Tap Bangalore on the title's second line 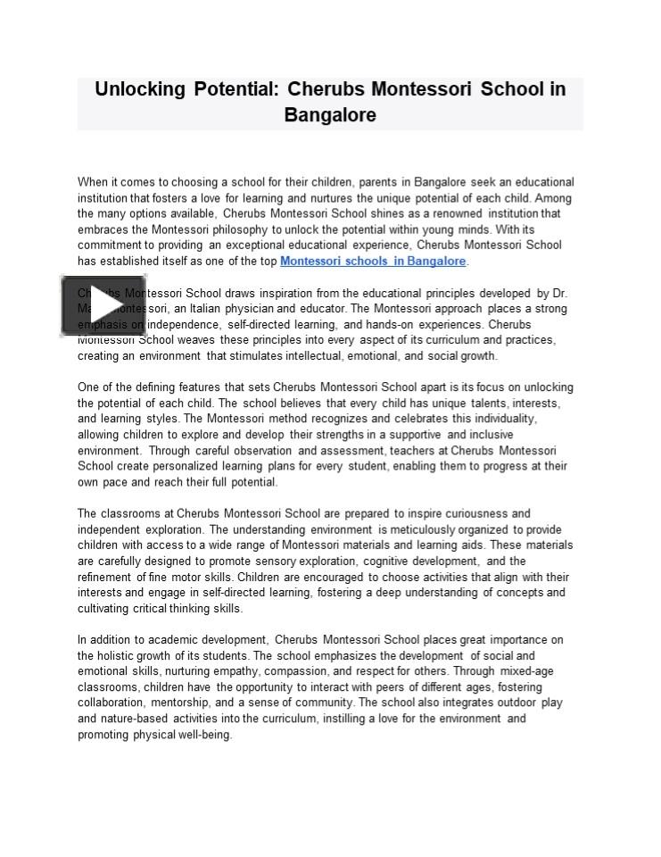(330, 115)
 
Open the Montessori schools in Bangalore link (373, 262)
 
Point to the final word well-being (204, 735)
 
